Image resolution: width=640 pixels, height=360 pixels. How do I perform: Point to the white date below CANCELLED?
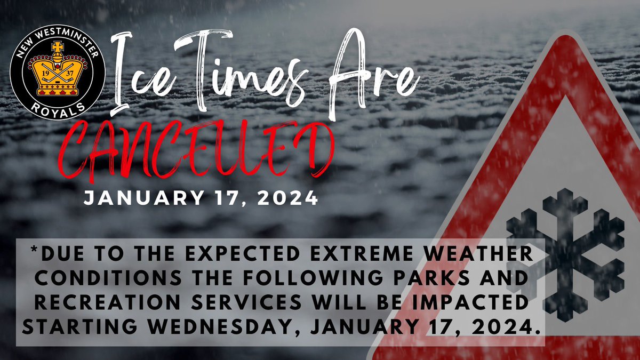pyautogui.click(x=201, y=198)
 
